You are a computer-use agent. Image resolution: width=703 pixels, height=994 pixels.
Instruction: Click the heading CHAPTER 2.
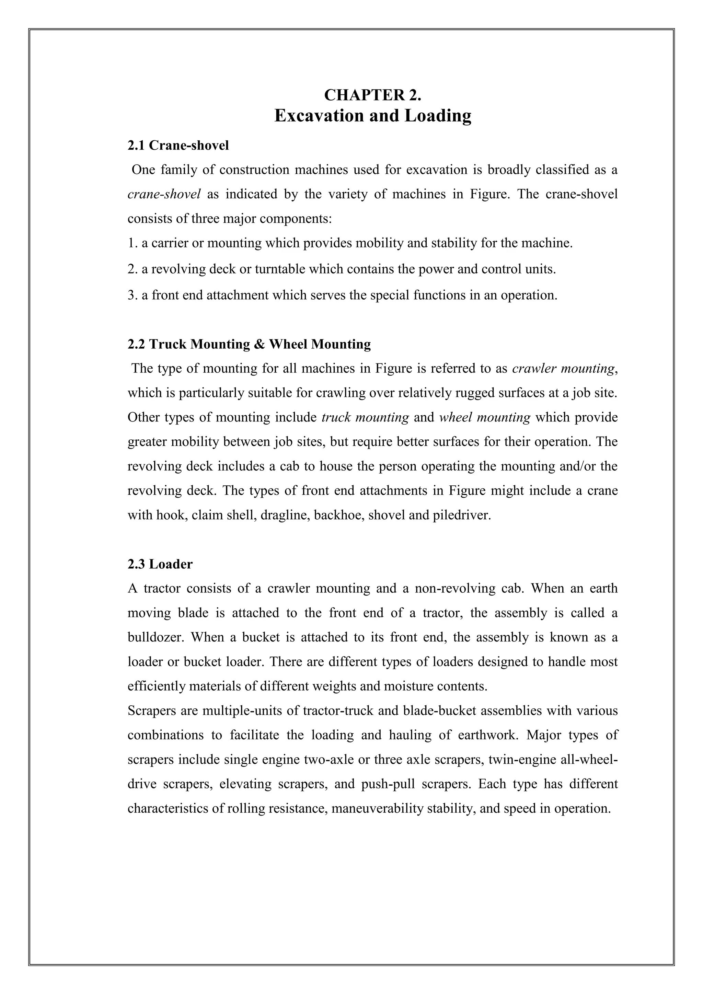coord(373,95)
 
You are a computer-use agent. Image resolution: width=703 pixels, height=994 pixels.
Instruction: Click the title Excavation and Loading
coord(373,116)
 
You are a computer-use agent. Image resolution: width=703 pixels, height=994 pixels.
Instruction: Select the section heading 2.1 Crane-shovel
coord(178,146)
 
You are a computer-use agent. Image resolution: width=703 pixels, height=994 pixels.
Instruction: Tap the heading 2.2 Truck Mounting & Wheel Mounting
coord(249,344)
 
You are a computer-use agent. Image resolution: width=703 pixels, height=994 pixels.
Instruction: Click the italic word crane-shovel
coord(164,194)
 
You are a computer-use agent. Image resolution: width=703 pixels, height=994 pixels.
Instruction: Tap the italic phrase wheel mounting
coord(484,418)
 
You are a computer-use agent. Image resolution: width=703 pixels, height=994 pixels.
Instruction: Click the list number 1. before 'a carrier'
coord(132,243)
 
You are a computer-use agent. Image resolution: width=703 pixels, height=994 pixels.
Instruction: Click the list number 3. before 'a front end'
coord(132,296)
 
